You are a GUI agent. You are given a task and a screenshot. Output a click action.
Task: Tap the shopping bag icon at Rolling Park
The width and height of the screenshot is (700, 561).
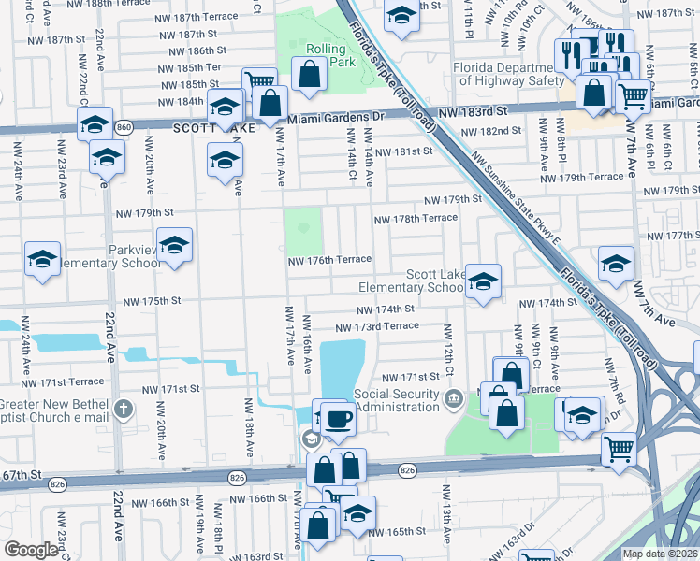pos(309,75)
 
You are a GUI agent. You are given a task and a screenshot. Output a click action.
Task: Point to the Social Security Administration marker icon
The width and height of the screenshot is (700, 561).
pos(454,400)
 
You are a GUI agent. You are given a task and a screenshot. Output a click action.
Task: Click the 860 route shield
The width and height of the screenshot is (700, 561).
pos(124,124)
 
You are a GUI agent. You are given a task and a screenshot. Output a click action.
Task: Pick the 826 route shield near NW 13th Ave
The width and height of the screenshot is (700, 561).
pos(406,469)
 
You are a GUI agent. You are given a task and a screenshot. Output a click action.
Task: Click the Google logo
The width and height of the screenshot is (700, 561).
pos(31,550)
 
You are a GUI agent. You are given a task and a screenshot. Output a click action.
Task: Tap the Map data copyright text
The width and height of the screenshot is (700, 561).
pos(660,554)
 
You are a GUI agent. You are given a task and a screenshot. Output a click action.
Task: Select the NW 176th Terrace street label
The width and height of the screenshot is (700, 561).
pos(329,259)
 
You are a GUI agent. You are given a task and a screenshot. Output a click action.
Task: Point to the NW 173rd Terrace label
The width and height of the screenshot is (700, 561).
pos(377,325)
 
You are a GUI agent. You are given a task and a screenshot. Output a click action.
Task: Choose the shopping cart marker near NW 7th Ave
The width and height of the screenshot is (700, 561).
pos(619,449)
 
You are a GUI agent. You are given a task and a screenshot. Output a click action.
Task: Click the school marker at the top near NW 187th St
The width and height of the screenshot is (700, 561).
pos(402,17)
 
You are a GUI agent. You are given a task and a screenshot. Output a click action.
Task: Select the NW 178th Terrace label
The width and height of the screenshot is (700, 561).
pos(416,219)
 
